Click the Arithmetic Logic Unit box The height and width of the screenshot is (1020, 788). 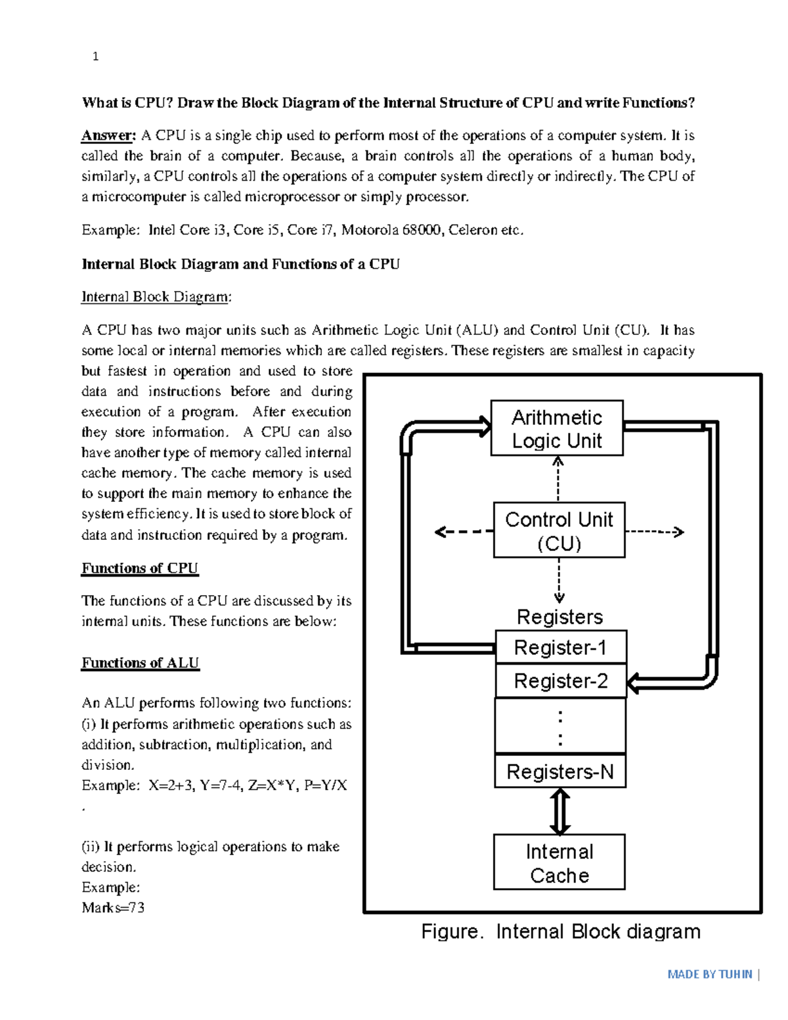557,428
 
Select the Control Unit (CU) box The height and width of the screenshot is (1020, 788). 559,531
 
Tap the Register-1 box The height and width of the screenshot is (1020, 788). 560,648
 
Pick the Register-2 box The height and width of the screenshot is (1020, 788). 560,681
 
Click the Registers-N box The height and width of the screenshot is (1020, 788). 560,772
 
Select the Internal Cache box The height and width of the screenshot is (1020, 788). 559,862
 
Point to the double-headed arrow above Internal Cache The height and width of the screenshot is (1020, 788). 559,812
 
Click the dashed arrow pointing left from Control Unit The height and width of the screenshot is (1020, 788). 463,531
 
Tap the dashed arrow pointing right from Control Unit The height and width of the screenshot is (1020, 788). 654,531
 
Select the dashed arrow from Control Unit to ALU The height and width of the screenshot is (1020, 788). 558,478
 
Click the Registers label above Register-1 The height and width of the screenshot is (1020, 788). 559,617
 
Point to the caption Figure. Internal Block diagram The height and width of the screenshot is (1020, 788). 561,931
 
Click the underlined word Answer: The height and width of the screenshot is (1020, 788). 108,136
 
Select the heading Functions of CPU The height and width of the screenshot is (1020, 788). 140,568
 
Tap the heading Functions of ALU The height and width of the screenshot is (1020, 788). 140,663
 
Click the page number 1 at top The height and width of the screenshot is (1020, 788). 96,56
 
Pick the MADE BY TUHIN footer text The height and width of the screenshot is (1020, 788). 709,974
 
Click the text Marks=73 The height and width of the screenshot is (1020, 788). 113,908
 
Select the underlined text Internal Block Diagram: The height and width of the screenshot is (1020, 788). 156,297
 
